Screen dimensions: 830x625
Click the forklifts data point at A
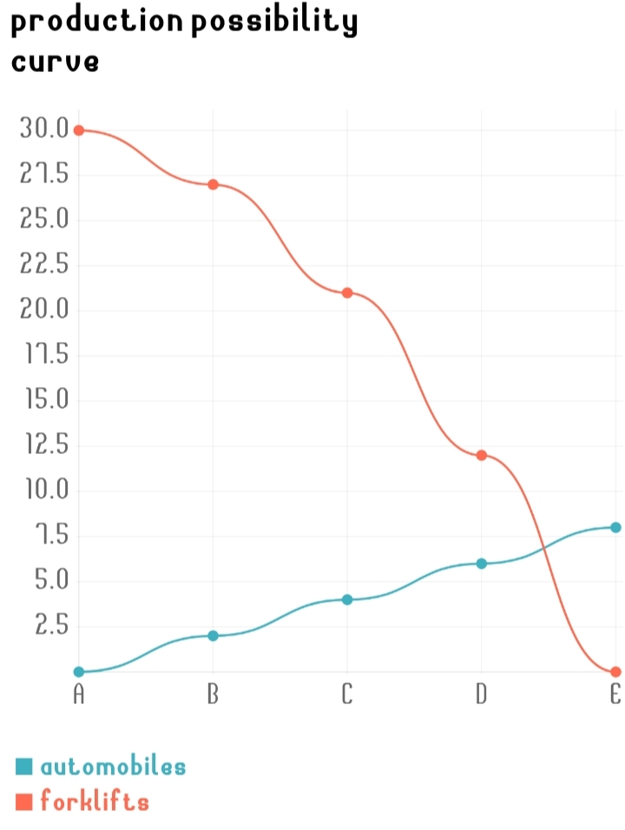(x=79, y=130)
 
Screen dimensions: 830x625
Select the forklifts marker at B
(x=213, y=184)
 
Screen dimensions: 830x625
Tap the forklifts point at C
(x=347, y=293)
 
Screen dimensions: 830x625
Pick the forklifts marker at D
(x=481, y=455)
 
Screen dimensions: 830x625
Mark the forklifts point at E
(x=615, y=671)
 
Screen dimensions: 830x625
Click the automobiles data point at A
(x=79, y=671)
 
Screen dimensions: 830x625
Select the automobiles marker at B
(x=213, y=636)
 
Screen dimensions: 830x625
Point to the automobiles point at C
(x=347, y=599)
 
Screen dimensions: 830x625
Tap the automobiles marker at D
(x=481, y=563)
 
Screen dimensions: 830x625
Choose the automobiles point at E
(x=615, y=527)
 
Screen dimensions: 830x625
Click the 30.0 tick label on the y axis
(x=43, y=129)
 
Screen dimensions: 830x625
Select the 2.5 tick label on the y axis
(x=51, y=625)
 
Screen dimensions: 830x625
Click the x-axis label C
(x=347, y=695)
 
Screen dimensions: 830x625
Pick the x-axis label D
(x=481, y=695)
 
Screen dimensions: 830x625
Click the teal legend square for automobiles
(x=24, y=767)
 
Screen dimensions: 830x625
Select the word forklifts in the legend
(x=95, y=801)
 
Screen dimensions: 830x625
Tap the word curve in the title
(x=55, y=63)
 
